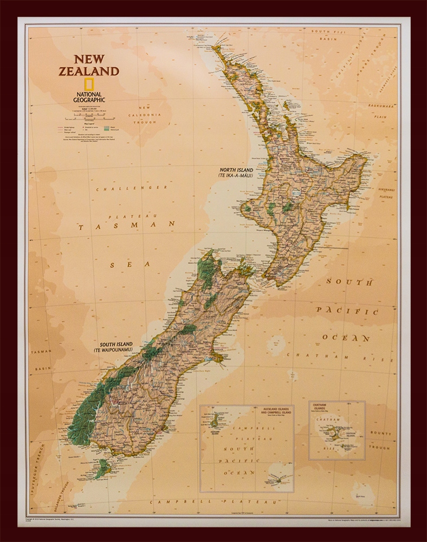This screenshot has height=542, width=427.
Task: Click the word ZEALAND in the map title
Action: pyautogui.click(x=89, y=71)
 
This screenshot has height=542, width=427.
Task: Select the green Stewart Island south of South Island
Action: pyautogui.click(x=102, y=468)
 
